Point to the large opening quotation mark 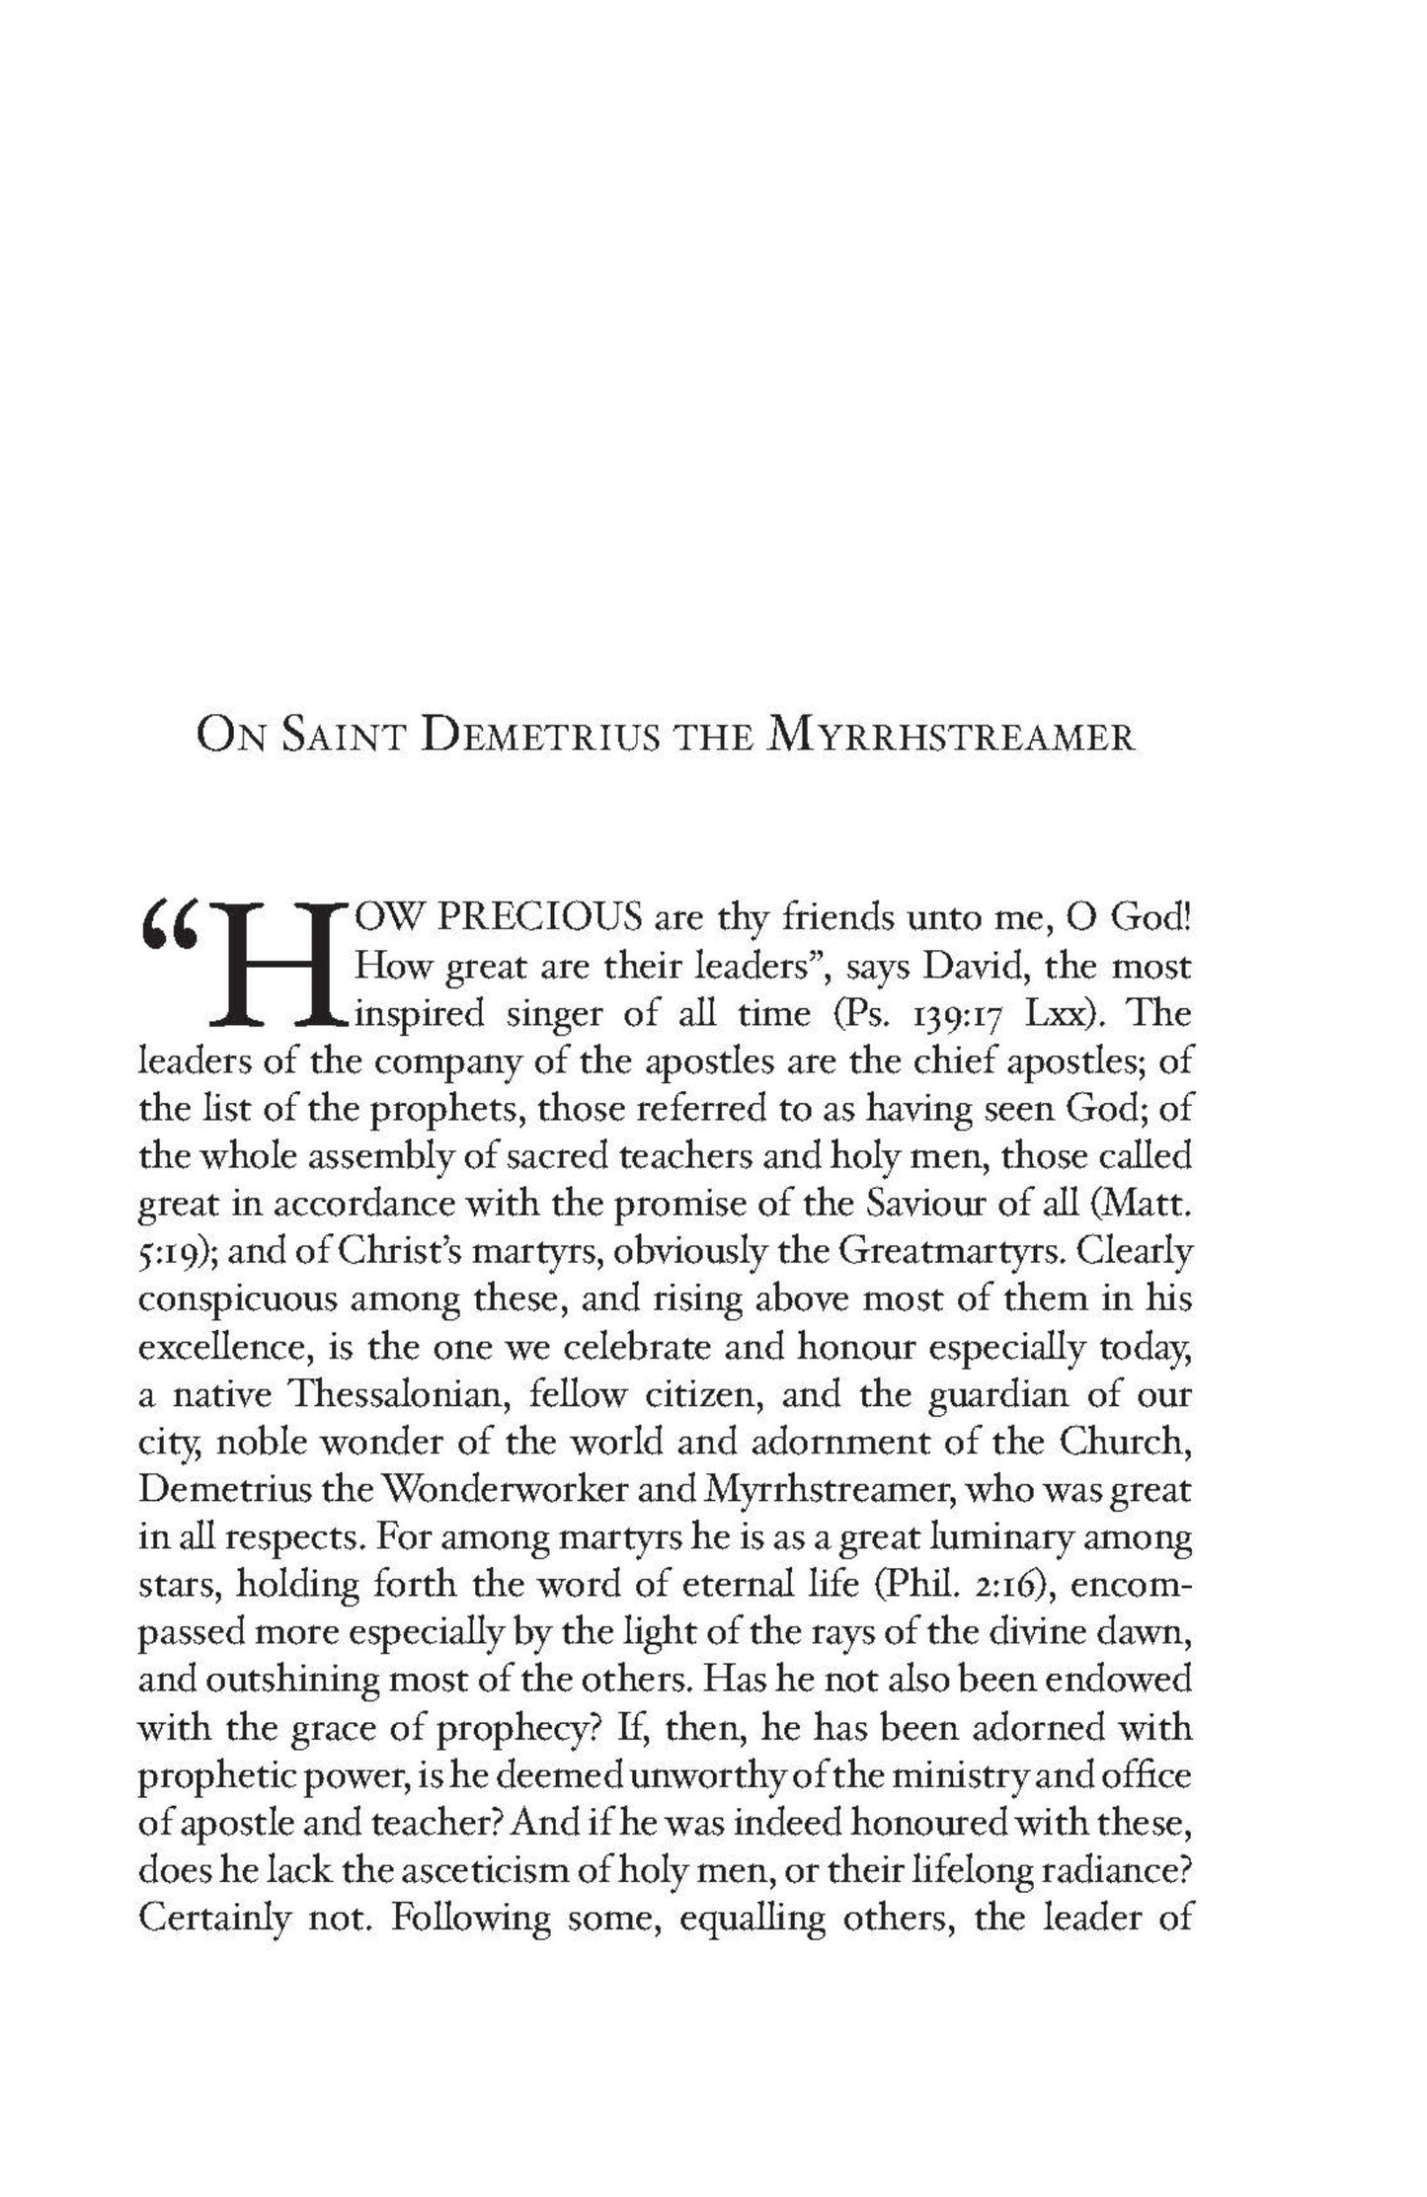tap(170, 922)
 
